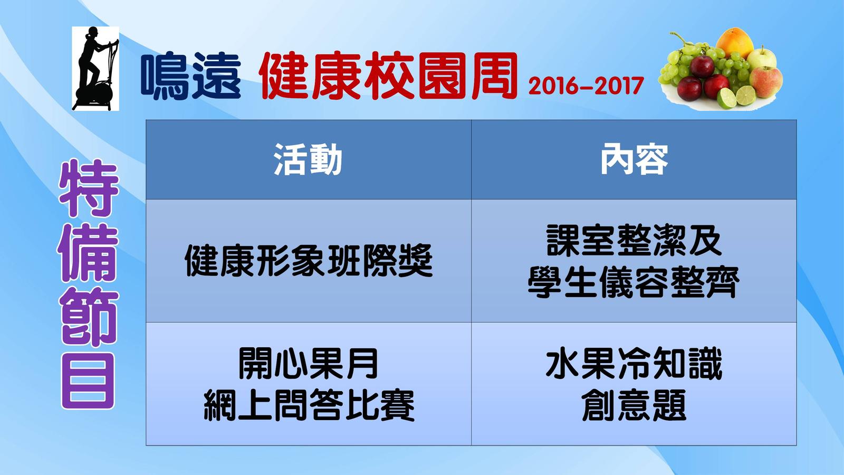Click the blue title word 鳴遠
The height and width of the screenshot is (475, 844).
tap(190, 76)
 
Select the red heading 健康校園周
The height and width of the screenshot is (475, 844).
tap(388, 76)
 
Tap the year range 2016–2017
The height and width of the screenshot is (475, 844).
tap(586, 86)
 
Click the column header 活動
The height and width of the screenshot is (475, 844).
tap(308, 159)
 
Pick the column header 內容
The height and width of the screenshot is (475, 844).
tap(634, 159)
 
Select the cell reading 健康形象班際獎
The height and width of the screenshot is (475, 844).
tap(309, 261)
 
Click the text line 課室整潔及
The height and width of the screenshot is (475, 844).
tap(634, 240)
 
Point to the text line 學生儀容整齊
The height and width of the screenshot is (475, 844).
tap(634, 282)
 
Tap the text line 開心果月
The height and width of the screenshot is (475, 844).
tap(309, 363)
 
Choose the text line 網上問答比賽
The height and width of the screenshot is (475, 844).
tap(309, 405)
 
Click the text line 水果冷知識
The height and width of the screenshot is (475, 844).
tap(634, 363)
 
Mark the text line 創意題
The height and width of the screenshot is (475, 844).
tap(634, 405)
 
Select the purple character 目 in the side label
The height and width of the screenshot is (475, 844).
tap(88, 381)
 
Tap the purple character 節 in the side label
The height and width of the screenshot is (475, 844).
tap(88, 317)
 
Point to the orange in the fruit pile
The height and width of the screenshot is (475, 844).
tap(735, 43)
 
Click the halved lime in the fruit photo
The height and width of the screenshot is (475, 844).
tap(727, 98)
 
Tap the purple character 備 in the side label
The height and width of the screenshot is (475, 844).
tap(88, 253)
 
